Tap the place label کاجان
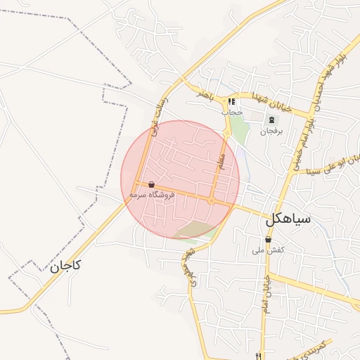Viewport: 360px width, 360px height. (x=65, y=266)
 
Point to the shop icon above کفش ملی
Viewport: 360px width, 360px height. (x=269, y=240)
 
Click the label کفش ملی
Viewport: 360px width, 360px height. (x=269, y=250)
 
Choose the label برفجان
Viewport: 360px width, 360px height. (x=271, y=131)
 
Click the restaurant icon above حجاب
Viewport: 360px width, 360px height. (x=231, y=102)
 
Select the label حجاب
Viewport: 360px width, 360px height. (x=232, y=112)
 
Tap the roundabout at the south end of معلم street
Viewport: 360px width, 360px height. (x=212, y=201)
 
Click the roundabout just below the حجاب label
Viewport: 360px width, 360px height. (x=227, y=132)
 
